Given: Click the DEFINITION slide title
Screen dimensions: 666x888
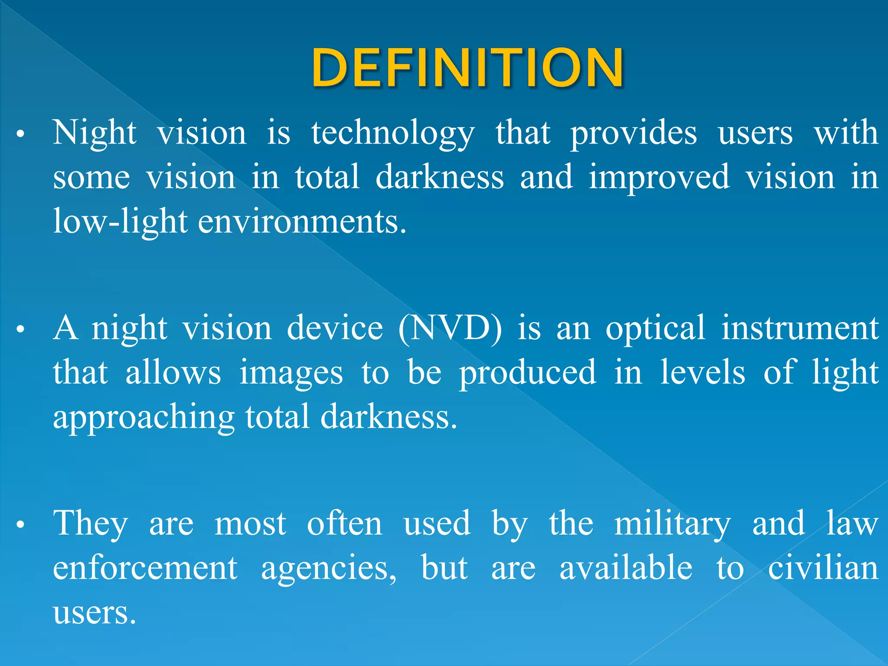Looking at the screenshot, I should (x=467, y=68).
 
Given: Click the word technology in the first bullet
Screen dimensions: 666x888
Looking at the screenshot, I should (x=393, y=134).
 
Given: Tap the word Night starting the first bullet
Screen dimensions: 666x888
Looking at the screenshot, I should (x=95, y=133).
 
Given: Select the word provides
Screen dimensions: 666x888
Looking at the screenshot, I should (x=633, y=134).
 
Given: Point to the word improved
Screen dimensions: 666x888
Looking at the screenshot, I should (x=659, y=178).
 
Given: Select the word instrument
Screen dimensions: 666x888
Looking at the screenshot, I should (x=800, y=328).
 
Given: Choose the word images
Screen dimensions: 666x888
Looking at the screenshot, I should (x=291, y=373).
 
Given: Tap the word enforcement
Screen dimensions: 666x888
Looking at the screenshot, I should (x=145, y=568).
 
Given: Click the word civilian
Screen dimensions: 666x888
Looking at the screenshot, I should (x=823, y=568).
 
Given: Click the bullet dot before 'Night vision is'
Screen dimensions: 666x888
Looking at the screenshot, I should (x=20, y=135).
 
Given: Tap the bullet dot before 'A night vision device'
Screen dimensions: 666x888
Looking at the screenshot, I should (x=20, y=330).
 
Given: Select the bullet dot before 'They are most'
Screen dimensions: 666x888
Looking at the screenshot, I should (x=20, y=525).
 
